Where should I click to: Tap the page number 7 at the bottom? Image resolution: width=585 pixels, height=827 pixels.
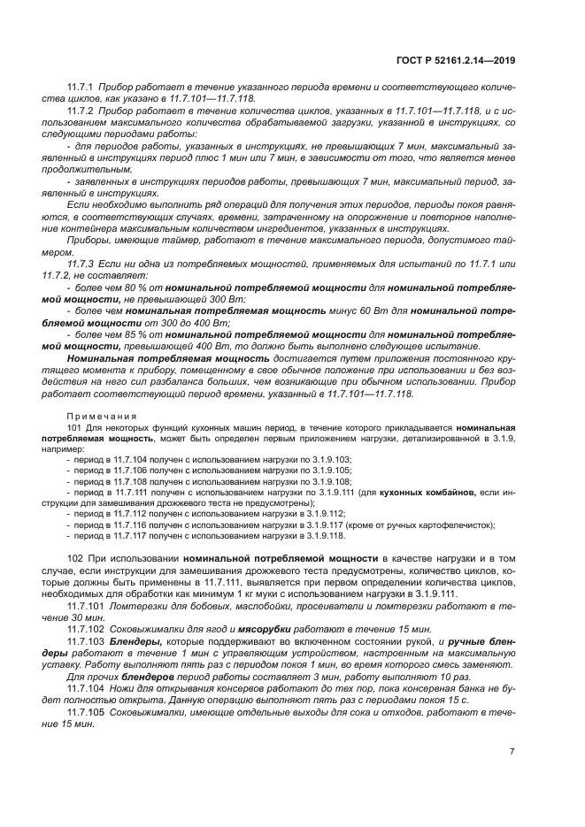pyautogui.click(x=512, y=752)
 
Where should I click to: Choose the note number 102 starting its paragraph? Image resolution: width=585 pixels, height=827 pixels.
pyautogui.click(x=74, y=559)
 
